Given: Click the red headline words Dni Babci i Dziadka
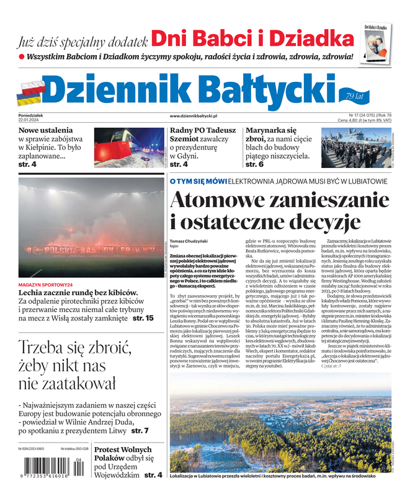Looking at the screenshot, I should pyautogui.click(x=252, y=40).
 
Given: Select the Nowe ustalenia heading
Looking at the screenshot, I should pyautogui.click(x=45, y=131).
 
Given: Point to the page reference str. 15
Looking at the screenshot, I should pyautogui.click(x=143, y=318).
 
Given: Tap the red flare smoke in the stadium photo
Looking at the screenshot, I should pyautogui.click(x=81, y=232).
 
